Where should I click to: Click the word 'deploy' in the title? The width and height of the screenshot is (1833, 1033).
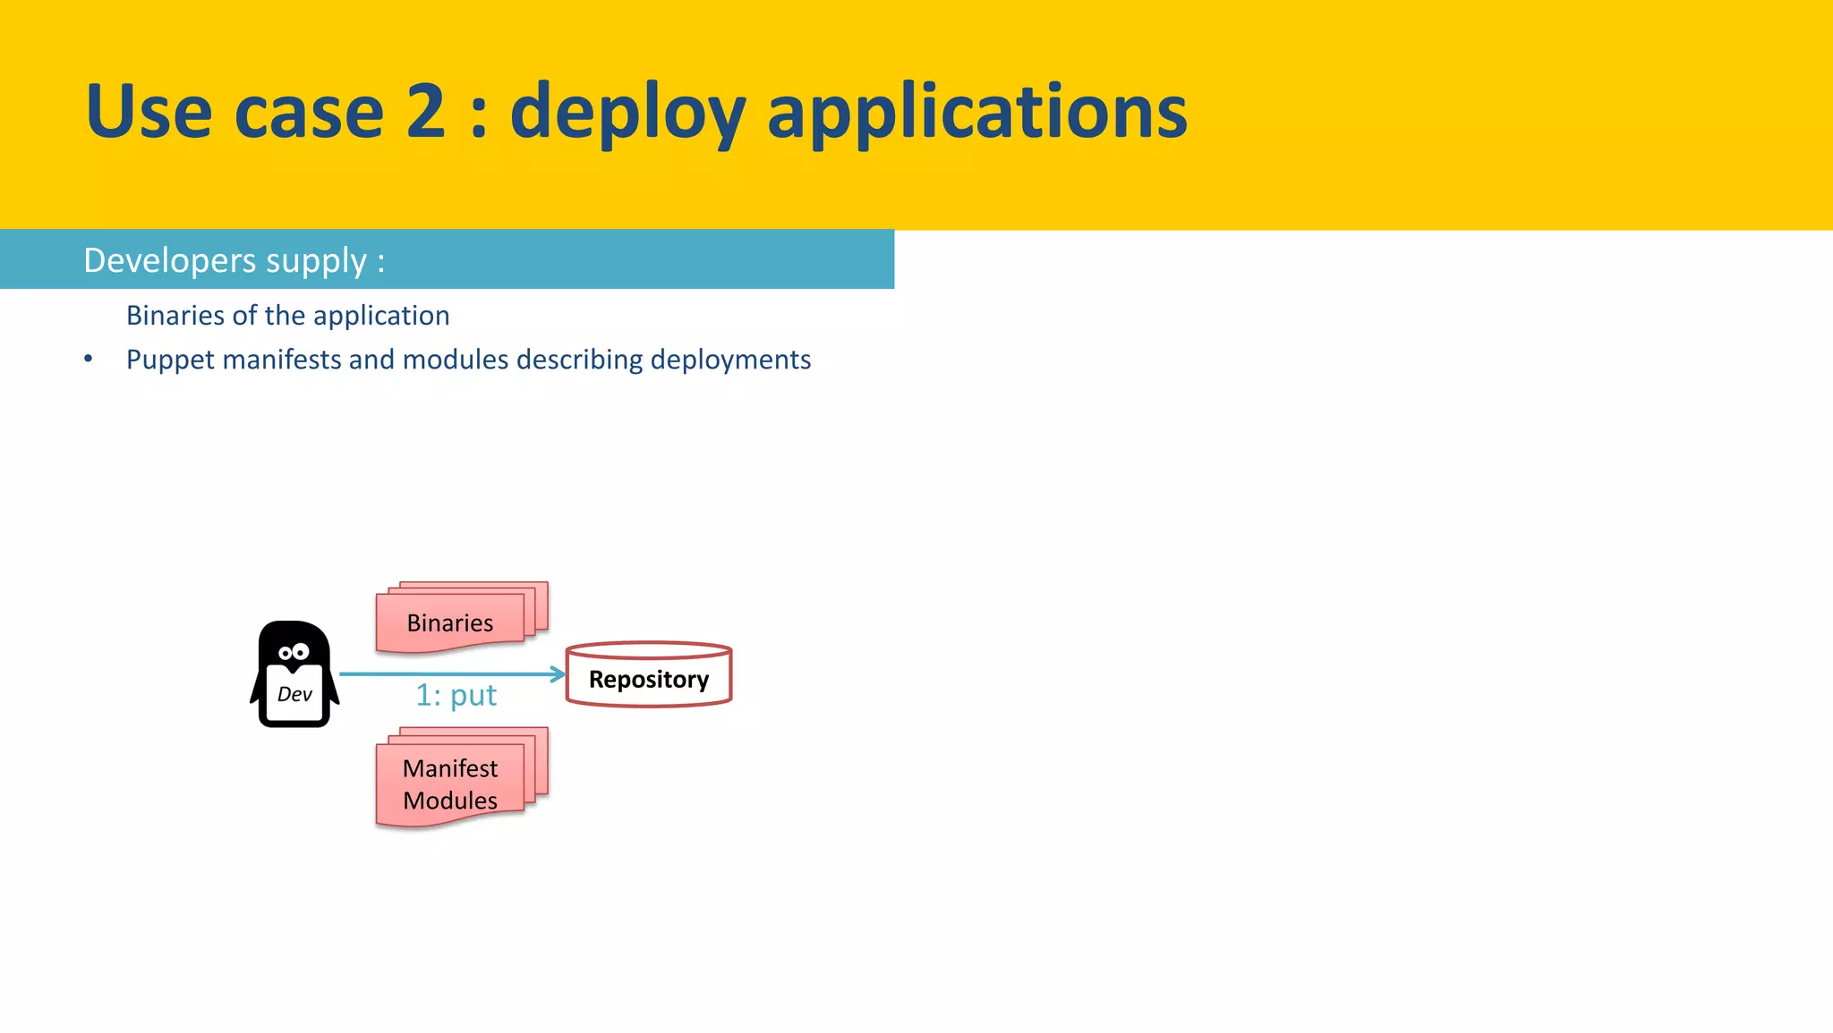(x=627, y=113)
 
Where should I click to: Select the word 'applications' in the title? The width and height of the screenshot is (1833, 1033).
(x=976, y=113)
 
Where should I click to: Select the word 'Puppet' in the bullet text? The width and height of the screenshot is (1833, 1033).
(x=170, y=360)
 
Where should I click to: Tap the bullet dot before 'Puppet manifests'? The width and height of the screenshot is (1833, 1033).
(x=88, y=359)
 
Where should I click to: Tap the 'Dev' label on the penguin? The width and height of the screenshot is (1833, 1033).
(x=294, y=694)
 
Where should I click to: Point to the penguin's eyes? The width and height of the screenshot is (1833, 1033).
(x=293, y=652)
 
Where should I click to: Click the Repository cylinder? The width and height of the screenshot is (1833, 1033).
(x=649, y=675)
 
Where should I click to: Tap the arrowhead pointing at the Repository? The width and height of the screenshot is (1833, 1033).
(x=558, y=673)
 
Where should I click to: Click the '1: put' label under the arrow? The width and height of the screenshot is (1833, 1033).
(x=456, y=695)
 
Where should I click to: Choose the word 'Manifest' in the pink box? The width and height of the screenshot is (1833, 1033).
(x=449, y=768)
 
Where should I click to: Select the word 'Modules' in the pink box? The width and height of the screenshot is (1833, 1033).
(x=449, y=800)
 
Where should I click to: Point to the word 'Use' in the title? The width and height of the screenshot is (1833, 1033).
(x=149, y=111)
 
